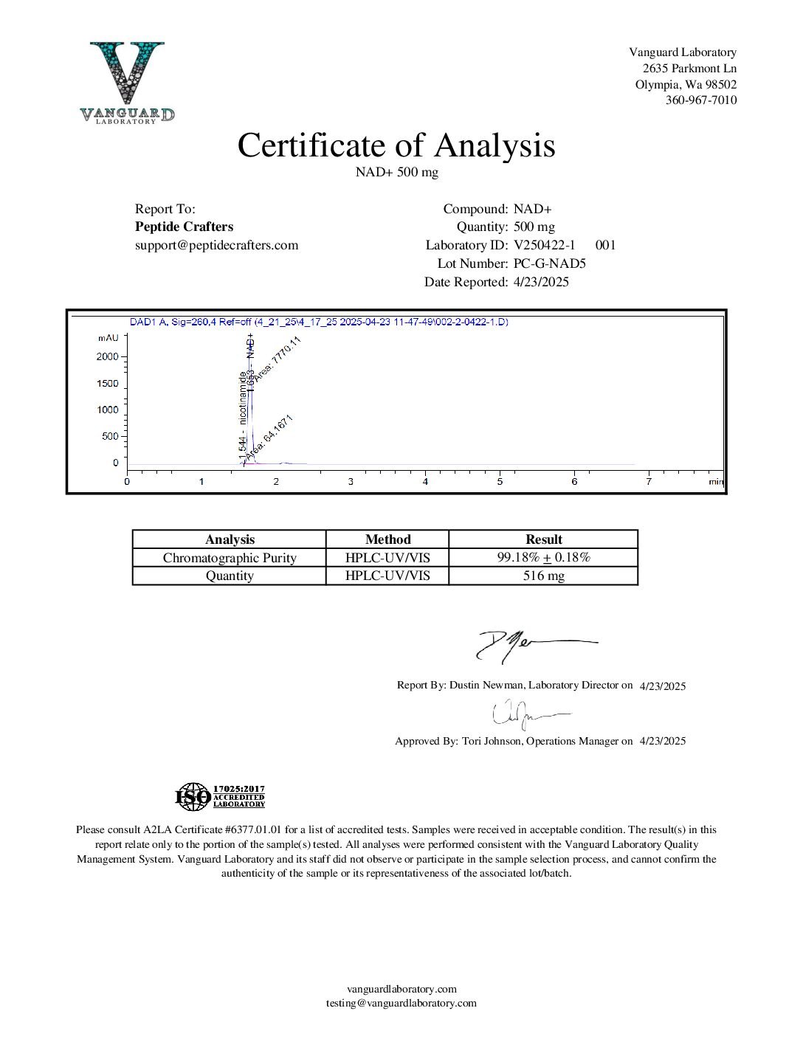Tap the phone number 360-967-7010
click(x=700, y=100)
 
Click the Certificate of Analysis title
click(x=396, y=145)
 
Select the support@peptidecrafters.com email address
click(x=216, y=245)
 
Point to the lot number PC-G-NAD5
click(x=549, y=263)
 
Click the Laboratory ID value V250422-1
click(x=544, y=245)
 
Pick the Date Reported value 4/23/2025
click(x=541, y=282)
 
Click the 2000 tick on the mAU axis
click(x=108, y=356)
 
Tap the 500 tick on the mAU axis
click(x=110, y=436)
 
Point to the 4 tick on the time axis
click(x=425, y=481)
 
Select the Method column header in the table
click(x=387, y=539)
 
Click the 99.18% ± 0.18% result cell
click(x=543, y=557)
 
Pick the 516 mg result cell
click(x=543, y=576)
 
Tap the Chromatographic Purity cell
click(x=230, y=558)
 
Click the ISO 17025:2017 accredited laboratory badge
click(x=220, y=797)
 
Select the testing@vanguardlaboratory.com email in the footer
click(x=401, y=1003)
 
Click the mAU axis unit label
click(x=108, y=338)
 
